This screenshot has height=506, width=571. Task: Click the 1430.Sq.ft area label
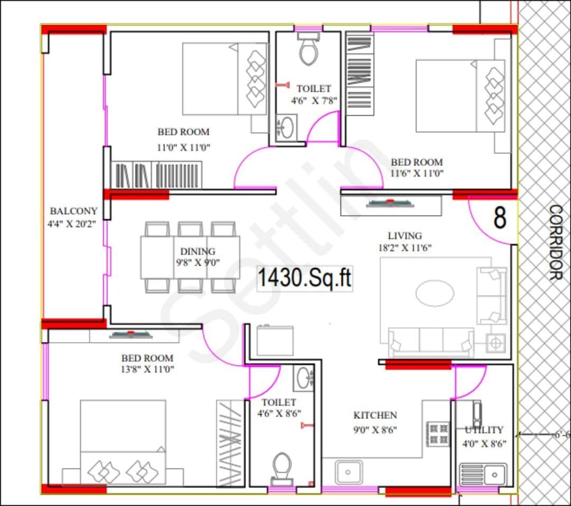click(305, 278)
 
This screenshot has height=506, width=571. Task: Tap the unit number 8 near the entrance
click(500, 218)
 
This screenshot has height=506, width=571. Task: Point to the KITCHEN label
click(375, 416)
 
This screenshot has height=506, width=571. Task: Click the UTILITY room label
click(484, 430)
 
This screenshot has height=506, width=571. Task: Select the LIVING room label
click(404, 236)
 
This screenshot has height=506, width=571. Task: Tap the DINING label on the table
click(197, 252)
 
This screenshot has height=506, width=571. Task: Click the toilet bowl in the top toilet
click(307, 50)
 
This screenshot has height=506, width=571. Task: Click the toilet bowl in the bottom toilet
click(282, 466)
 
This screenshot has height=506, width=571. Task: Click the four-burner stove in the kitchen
click(437, 434)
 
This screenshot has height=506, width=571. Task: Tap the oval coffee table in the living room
click(434, 292)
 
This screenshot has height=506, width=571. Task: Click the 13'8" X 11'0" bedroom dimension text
click(148, 369)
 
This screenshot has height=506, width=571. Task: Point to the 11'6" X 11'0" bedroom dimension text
click(417, 173)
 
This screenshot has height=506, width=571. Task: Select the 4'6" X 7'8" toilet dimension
click(314, 100)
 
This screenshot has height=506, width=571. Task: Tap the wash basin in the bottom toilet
click(304, 378)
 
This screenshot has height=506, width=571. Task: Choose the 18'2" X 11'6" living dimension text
click(404, 247)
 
